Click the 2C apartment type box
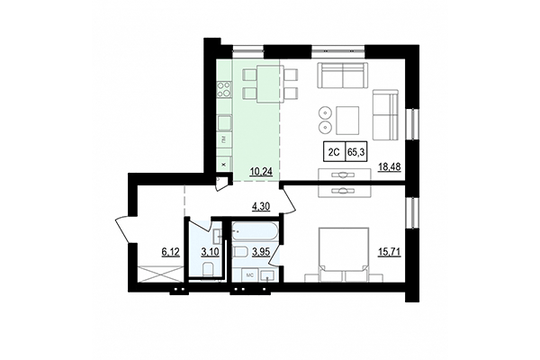332,153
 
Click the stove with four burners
224,89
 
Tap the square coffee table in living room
347,118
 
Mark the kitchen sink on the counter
224,121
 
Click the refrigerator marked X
224,163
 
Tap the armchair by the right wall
384,113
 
